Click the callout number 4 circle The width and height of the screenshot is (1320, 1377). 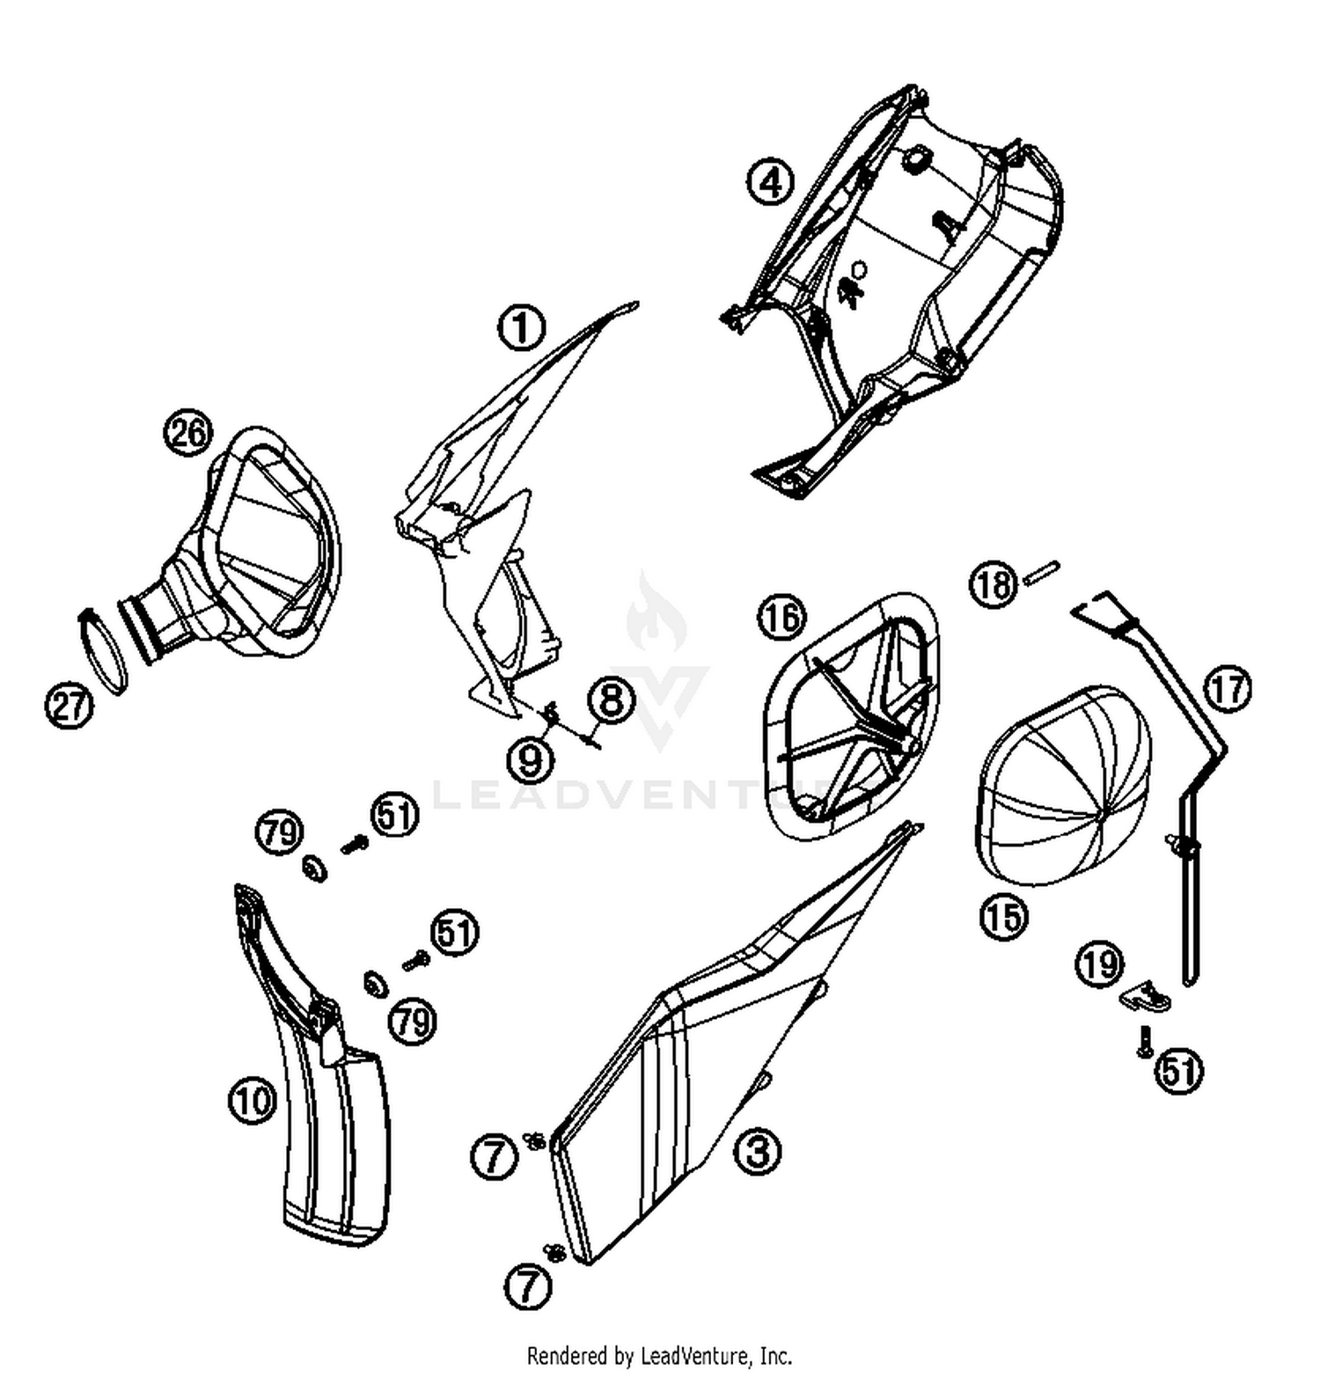770,182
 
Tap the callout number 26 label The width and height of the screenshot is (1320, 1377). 188,434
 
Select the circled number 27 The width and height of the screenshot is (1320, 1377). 69,706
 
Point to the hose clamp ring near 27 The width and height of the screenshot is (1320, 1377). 104,651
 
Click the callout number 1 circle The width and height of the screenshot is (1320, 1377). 522,328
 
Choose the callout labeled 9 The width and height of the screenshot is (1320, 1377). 531,759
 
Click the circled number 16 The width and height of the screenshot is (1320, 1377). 781,618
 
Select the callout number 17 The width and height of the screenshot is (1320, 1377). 1228,689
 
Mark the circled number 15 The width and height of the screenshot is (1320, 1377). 1004,917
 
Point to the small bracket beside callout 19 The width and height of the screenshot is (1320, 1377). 1146,997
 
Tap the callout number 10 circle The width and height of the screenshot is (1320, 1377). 253,1101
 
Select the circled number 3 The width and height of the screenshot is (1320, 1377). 758,1151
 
